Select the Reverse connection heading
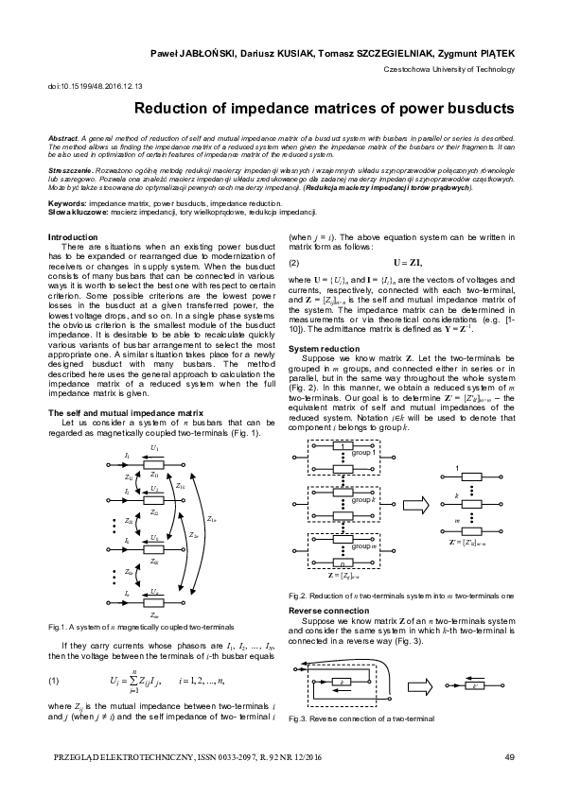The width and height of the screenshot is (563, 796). point(330,611)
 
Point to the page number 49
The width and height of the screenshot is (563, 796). point(509,755)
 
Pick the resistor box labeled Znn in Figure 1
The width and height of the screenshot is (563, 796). point(155,618)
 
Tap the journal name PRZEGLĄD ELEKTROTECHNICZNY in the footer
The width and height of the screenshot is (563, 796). point(123,755)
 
